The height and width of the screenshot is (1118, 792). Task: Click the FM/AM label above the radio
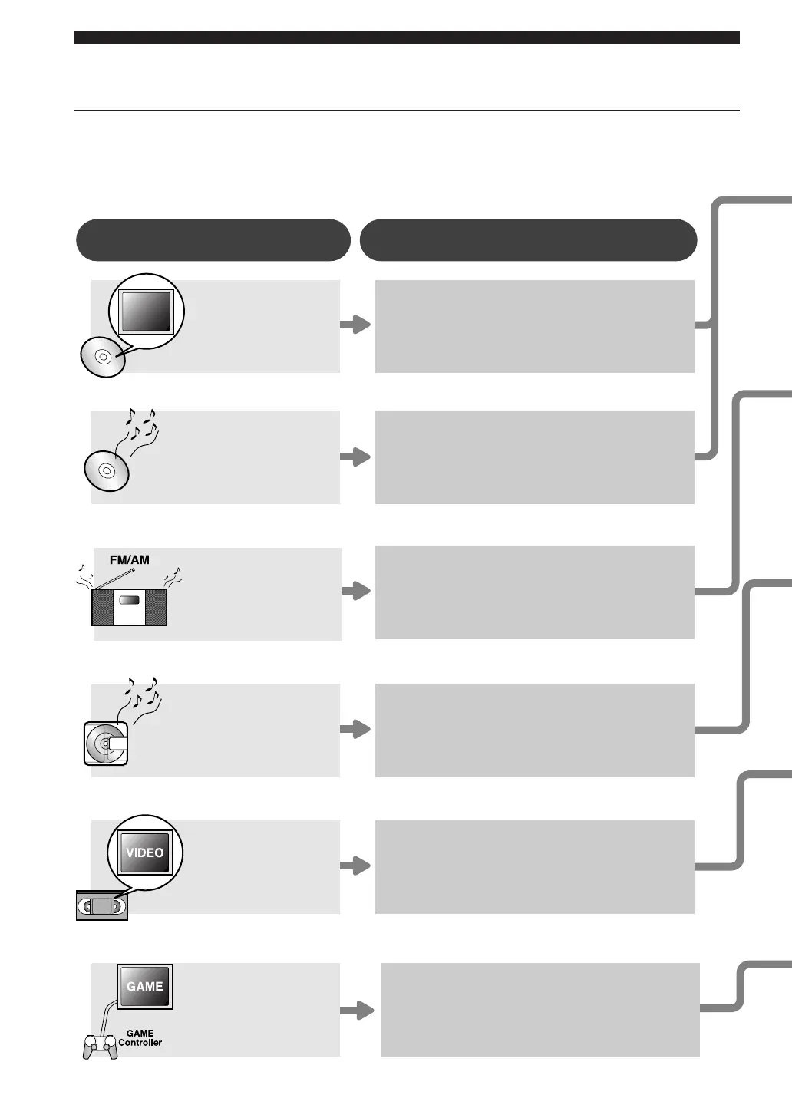pyautogui.click(x=129, y=560)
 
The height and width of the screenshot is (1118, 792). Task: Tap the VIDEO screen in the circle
pyautogui.click(x=145, y=853)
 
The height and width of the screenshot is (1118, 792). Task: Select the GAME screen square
pyautogui.click(x=145, y=986)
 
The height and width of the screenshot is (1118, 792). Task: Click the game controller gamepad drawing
pyautogui.click(x=101, y=1047)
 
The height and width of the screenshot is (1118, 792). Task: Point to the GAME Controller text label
pyautogui.click(x=140, y=1038)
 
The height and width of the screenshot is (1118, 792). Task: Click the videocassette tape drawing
pyautogui.click(x=102, y=905)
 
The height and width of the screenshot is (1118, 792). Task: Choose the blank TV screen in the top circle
pyautogui.click(x=146, y=312)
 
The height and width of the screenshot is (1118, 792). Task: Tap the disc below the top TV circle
pyautogui.click(x=103, y=357)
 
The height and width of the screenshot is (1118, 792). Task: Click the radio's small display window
pyautogui.click(x=129, y=600)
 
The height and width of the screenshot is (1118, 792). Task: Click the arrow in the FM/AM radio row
pyautogui.click(x=356, y=591)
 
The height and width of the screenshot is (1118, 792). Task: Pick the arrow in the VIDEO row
pyautogui.click(x=355, y=866)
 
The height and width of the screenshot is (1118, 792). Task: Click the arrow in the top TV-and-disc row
pyautogui.click(x=355, y=325)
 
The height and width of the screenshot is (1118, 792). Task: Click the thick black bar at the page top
pyautogui.click(x=407, y=37)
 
